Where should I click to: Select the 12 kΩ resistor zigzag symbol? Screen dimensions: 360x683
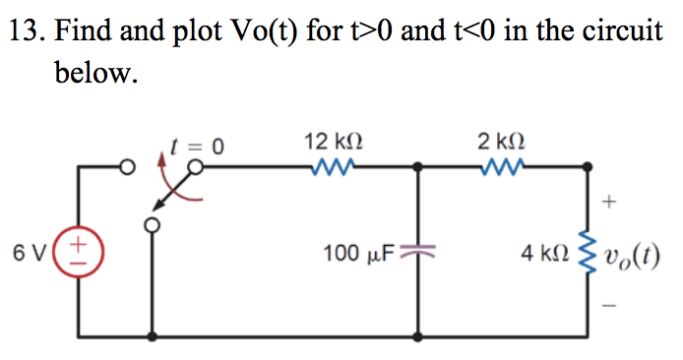[x=330, y=168]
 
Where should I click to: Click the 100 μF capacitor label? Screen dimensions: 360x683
[x=359, y=253]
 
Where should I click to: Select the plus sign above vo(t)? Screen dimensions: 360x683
[x=609, y=203]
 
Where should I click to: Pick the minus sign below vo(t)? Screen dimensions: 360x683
[x=609, y=303]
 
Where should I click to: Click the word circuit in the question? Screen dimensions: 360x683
[x=625, y=31]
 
